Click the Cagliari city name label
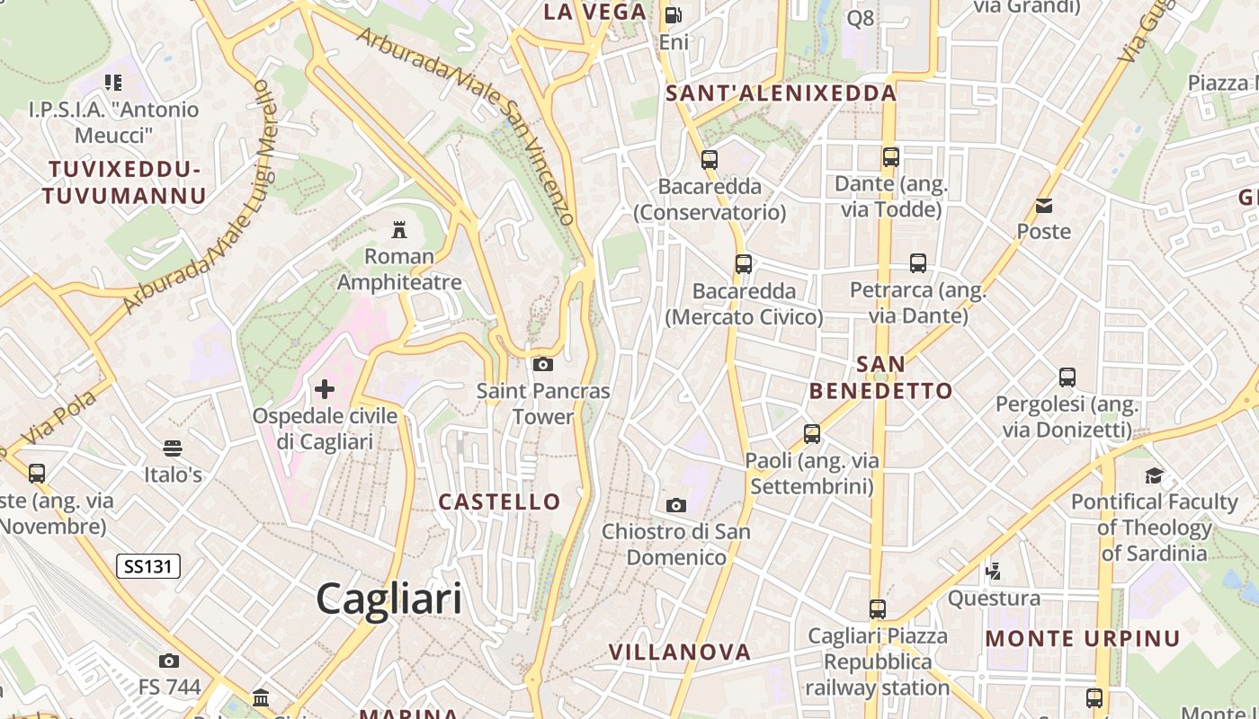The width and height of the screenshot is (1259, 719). tap(388, 599)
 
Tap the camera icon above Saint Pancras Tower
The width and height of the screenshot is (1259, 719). tap(543, 364)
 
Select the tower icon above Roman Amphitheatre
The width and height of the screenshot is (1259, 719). tap(399, 230)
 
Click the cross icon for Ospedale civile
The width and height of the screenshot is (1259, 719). tap(325, 389)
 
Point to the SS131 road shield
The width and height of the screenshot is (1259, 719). tap(148, 566)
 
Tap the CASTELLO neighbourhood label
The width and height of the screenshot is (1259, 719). tap(499, 502)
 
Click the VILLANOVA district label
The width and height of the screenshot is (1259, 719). tap(679, 652)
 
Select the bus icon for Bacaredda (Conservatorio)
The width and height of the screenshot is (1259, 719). tap(710, 160)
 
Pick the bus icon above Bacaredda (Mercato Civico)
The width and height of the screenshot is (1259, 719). tap(744, 264)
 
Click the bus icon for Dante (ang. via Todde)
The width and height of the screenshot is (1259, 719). tap(891, 157)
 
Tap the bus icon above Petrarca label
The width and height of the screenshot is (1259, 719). tap(918, 263)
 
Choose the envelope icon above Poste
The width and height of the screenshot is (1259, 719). tap(1044, 206)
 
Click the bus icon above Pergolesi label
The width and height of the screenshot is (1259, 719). tap(1067, 377)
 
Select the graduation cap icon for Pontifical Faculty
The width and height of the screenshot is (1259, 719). tap(1154, 475)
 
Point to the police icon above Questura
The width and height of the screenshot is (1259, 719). tap(994, 571)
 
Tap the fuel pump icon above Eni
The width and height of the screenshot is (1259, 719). tap(673, 15)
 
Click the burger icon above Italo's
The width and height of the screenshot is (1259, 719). tap(173, 448)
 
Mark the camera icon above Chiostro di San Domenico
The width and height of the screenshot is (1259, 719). tap(676, 506)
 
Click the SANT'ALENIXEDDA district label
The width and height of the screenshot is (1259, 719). tap(781, 93)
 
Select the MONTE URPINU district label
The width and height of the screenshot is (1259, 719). tap(1083, 639)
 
